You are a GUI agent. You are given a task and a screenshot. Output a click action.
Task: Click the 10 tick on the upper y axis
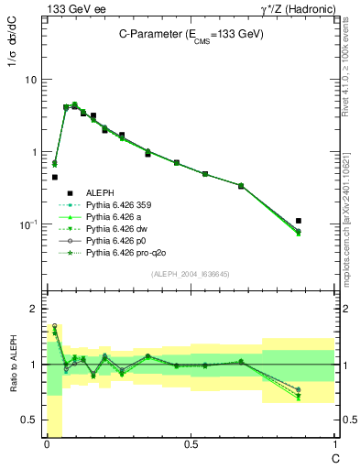(32, 80)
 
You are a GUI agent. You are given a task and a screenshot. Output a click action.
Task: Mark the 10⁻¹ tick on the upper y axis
(29, 224)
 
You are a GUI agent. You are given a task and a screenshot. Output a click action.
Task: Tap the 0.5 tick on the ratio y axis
(30, 420)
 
